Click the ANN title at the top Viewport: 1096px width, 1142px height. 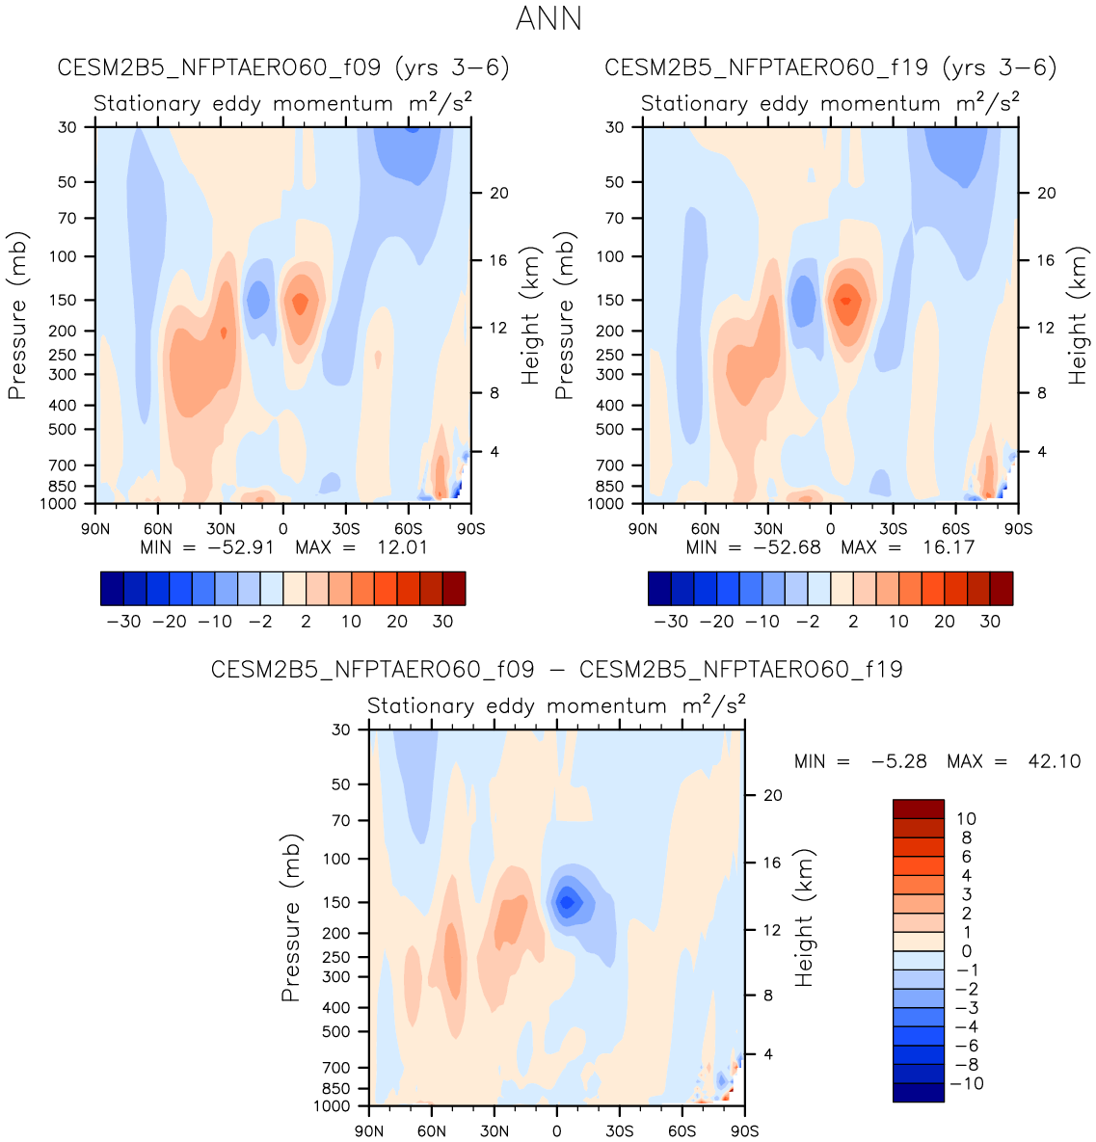tap(548, 18)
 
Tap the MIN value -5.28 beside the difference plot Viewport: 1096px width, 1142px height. tap(898, 761)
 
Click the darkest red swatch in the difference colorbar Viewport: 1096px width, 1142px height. tap(918, 809)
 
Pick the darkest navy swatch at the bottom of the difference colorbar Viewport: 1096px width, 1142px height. tap(918, 1092)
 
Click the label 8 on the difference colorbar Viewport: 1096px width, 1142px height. tap(966, 837)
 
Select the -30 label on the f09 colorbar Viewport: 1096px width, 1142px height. tap(123, 622)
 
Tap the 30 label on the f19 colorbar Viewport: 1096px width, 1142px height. tap(990, 622)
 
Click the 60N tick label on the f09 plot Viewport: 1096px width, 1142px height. tap(158, 528)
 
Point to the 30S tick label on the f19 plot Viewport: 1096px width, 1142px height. tap(893, 528)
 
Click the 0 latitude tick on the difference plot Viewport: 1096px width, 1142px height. tap(556, 1130)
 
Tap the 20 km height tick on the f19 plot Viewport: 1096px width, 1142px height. tap(1046, 193)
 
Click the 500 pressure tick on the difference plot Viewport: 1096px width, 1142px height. tap(336, 1031)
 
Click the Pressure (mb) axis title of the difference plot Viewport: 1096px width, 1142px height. tap(291, 917)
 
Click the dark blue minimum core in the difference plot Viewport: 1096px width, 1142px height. tap(567, 902)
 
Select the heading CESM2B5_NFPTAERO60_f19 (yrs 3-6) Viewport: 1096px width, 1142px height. tap(830, 67)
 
